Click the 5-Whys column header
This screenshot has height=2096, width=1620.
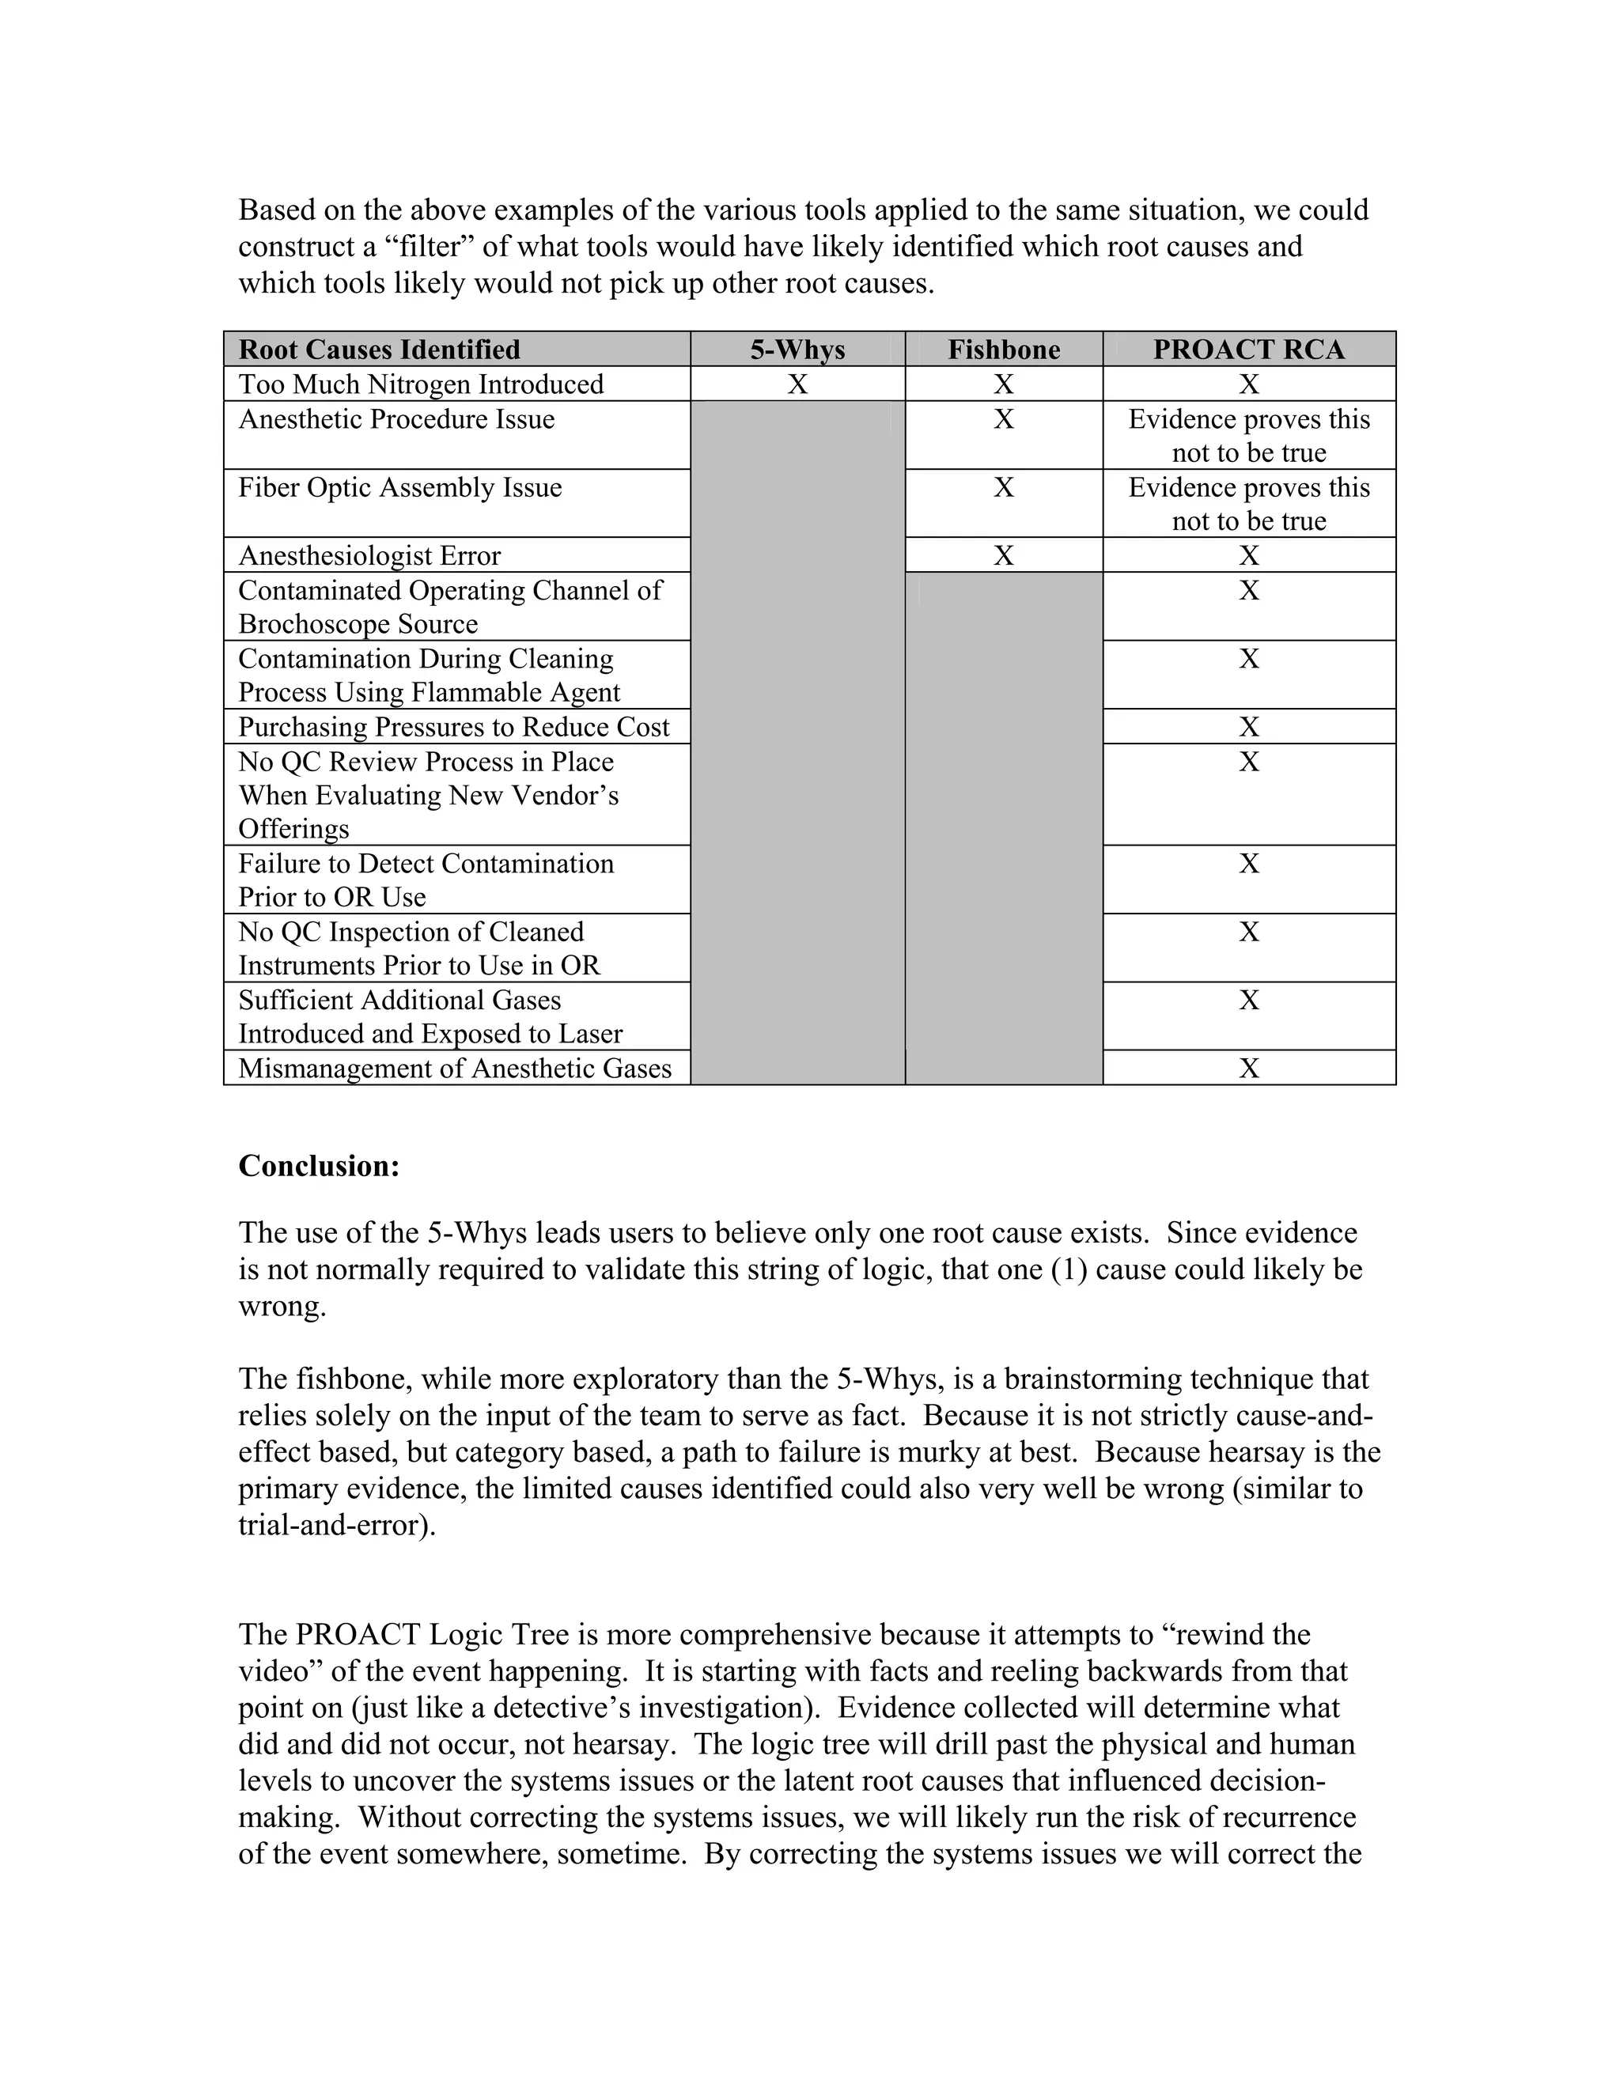(797, 350)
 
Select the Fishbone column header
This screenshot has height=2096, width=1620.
(1004, 350)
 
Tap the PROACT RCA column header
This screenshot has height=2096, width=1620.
(1248, 350)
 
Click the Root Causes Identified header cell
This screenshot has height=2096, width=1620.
(379, 350)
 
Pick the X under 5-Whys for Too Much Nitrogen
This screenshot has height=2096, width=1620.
(797, 384)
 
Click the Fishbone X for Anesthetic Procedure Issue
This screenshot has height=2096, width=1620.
(1004, 418)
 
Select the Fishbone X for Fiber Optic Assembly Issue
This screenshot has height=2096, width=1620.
(1004, 487)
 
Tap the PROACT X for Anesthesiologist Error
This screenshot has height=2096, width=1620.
(1248, 556)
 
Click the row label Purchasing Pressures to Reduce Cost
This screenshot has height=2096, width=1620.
(453, 727)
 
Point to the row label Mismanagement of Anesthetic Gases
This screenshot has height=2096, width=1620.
(455, 1068)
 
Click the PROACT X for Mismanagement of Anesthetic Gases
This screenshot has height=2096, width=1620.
(1248, 1068)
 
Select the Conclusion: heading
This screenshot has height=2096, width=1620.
(319, 1166)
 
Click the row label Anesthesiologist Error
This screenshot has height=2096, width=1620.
(369, 556)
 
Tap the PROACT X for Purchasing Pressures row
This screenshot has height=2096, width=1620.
(1248, 727)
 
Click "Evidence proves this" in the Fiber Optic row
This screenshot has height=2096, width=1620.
(1248, 487)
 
